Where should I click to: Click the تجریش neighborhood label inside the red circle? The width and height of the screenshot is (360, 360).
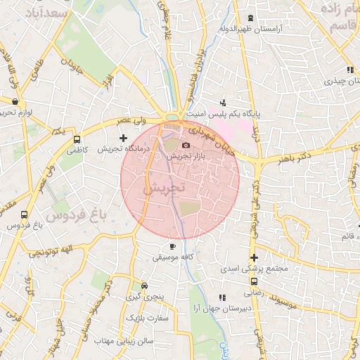(x=163, y=188)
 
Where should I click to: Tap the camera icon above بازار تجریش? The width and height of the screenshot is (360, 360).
(x=186, y=145)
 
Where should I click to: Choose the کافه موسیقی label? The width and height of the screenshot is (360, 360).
(x=173, y=257)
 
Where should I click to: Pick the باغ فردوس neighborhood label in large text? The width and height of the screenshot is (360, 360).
(x=68, y=213)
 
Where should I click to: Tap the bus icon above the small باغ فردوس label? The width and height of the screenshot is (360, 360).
(x=25, y=214)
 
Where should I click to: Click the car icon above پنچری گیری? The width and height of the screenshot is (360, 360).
(x=144, y=286)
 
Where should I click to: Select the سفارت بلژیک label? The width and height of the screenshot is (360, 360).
(x=149, y=318)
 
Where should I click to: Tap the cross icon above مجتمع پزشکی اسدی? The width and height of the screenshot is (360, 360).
(x=254, y=257)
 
